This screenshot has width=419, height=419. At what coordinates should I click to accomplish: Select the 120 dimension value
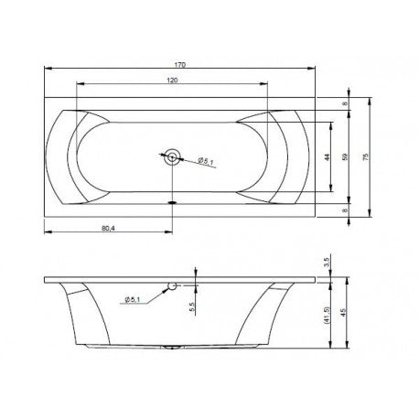coord(172,81)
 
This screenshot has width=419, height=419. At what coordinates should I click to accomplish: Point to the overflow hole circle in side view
coord(170,287)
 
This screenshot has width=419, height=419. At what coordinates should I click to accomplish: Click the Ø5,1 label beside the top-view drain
coord(206,163)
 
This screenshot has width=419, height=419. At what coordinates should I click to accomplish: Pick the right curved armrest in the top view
coord(274,156)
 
